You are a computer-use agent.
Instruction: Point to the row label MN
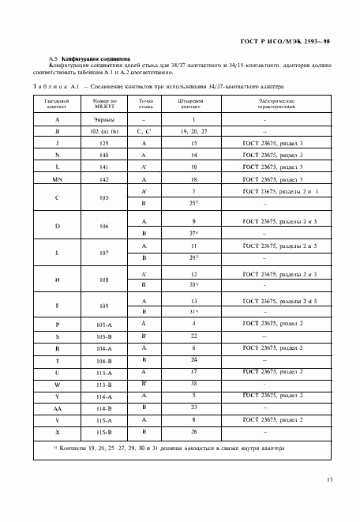(x=58, y=180)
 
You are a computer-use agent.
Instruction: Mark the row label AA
(x=58, y=407)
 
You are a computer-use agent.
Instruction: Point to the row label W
(x=58, y=384)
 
